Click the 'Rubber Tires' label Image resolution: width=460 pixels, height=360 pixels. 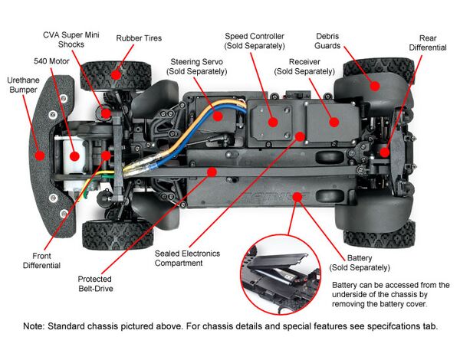tap(139, 38)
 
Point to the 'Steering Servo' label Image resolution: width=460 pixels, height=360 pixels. tap(199, 65)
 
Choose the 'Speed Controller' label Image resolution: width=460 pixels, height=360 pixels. tap(255, 41)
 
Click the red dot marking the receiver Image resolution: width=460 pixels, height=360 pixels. tap(333, 120)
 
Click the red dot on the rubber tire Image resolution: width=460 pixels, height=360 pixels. tap(116, 74)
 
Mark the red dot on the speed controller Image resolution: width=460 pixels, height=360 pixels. tap(272, 120)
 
